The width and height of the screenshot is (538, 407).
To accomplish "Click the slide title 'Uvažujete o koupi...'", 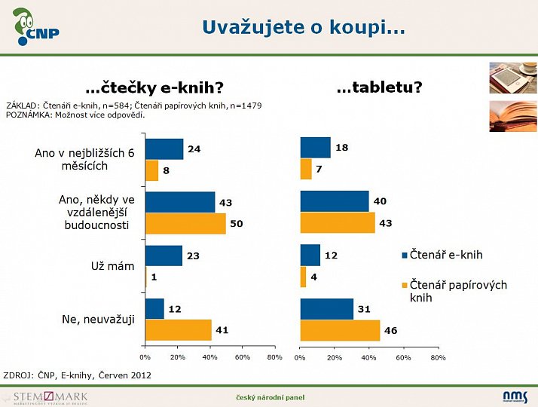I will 303,28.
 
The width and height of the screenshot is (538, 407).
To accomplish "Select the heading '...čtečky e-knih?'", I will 154,88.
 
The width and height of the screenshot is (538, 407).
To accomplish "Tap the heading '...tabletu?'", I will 379,87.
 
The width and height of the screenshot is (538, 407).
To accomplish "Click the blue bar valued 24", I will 164,149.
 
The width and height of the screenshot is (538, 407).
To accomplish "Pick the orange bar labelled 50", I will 185,224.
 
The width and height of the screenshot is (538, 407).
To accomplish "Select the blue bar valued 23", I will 164,256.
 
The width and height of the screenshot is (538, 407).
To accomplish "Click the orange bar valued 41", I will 178,330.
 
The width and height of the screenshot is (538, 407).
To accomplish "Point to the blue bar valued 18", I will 315,148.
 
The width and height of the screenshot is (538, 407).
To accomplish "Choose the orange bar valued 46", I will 339,330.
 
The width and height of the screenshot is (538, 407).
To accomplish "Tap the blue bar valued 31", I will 326,309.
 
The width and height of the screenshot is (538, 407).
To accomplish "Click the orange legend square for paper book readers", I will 404,286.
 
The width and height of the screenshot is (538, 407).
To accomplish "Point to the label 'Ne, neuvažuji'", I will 98,320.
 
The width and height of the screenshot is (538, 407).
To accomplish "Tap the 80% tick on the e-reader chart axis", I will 275,357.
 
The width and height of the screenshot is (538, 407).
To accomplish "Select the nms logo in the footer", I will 515,396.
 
